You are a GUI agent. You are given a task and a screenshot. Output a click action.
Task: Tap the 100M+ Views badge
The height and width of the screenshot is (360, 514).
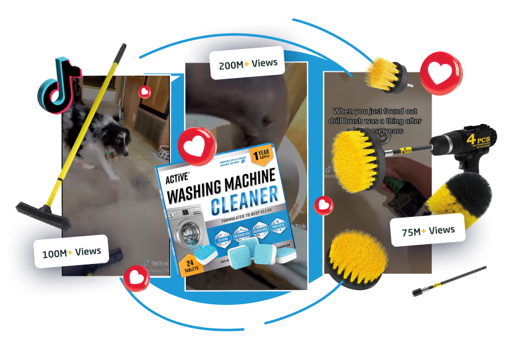click(x=71, y=251)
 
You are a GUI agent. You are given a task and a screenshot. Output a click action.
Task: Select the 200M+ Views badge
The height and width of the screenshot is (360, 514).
click(x=247, y=63)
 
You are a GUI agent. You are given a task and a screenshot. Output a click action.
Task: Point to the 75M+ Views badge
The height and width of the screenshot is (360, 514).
click(x=428, y=230)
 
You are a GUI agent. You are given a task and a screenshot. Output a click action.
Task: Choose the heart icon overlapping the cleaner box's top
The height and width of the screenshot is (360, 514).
click(x=197, y=146)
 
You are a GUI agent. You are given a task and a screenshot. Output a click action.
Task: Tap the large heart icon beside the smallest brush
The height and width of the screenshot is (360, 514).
click(x=441, y=72)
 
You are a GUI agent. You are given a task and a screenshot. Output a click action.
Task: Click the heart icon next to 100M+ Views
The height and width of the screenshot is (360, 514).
click(x=136, y=278)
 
